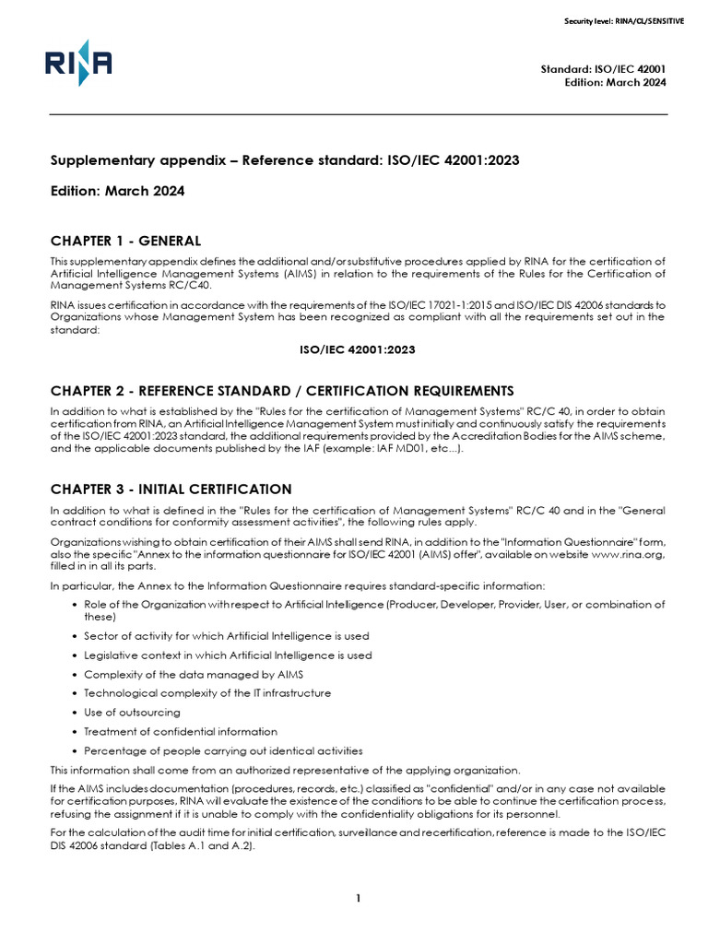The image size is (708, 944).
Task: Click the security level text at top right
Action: [x=624, y=20]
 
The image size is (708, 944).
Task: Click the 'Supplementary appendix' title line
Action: [x=285, y=161]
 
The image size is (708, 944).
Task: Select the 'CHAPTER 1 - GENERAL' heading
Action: [x=125, y=241]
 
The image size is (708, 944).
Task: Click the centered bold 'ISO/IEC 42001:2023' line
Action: [x=358, y=349]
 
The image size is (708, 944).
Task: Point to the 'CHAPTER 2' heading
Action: [x=282, y=390]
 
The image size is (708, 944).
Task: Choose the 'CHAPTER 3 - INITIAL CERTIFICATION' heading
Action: [x=171, y=489]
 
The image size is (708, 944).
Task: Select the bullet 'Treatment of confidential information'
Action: [x=180, y=731]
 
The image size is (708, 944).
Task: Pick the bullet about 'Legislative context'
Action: [x=228, y=655]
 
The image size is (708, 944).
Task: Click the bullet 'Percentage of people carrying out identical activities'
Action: [x=223, y=750]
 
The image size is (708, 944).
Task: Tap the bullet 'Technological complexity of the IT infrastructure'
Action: [x=207, y=692]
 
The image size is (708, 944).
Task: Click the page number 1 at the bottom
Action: [x=358, y=900]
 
